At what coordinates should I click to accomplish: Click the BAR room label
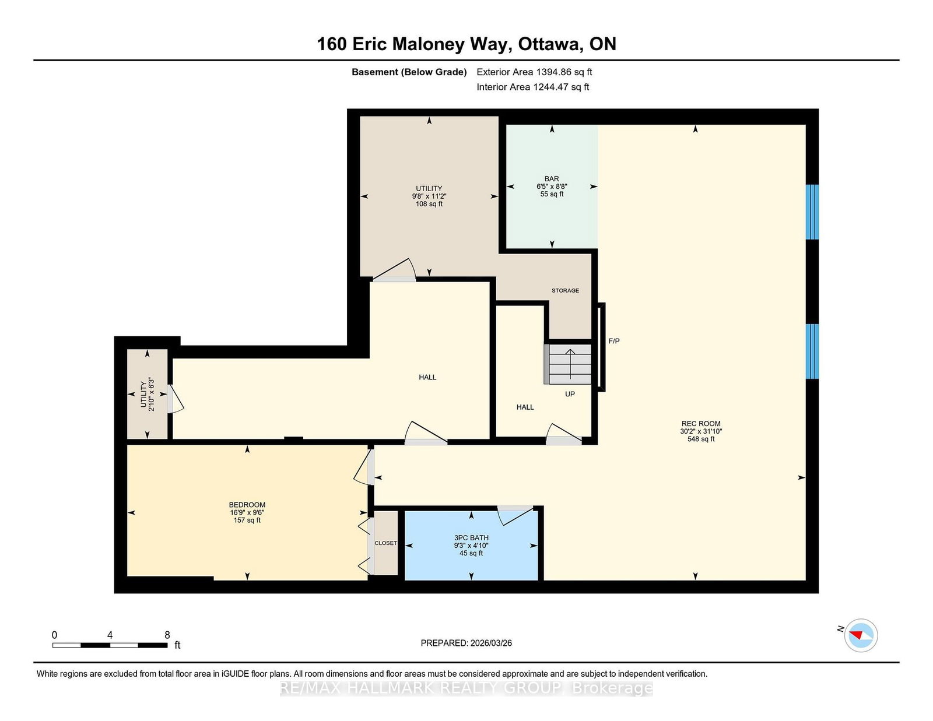click(552, 178)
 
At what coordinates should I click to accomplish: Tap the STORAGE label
click(565, 290)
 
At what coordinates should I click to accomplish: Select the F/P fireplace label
click(614, 341)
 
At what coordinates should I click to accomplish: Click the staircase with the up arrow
click(567, 364)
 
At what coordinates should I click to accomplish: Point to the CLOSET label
click(385, 543)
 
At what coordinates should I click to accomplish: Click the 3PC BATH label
click(471, 538)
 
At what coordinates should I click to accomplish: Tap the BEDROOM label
click(247, 505)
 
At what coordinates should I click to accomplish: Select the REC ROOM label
click(701, 424)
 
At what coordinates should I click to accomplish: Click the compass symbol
click(861, 635)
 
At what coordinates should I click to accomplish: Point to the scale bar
click(110, 645)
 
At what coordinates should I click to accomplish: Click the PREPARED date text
click(466, 643)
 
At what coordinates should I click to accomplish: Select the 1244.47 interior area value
click(550, 87)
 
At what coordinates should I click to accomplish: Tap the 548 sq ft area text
click(701, 439)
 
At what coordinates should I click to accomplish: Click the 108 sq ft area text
click(429, 204)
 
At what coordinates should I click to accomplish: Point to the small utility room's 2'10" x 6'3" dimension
click(151, 394)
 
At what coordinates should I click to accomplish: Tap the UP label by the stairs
click(570, 394)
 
